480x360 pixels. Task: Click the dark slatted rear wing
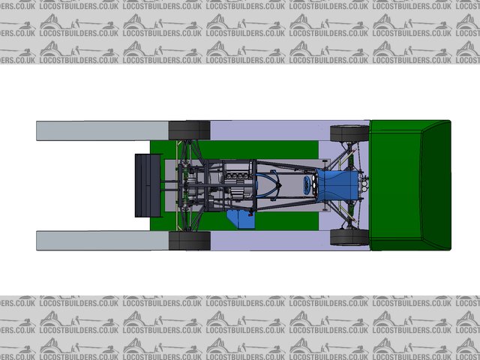click(148, 185)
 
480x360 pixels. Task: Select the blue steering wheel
click(307, 185)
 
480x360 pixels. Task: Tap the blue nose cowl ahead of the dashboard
click(337, 185)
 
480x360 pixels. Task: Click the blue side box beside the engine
click(241, 219)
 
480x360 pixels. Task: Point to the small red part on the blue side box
click(251, 214)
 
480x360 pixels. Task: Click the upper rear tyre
click(190, 130)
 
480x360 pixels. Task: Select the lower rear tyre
click(190, 241)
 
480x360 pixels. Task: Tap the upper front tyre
click(349, 133)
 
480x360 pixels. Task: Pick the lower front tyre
click(349, 237)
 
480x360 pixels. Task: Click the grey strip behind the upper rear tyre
click(102, 130)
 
